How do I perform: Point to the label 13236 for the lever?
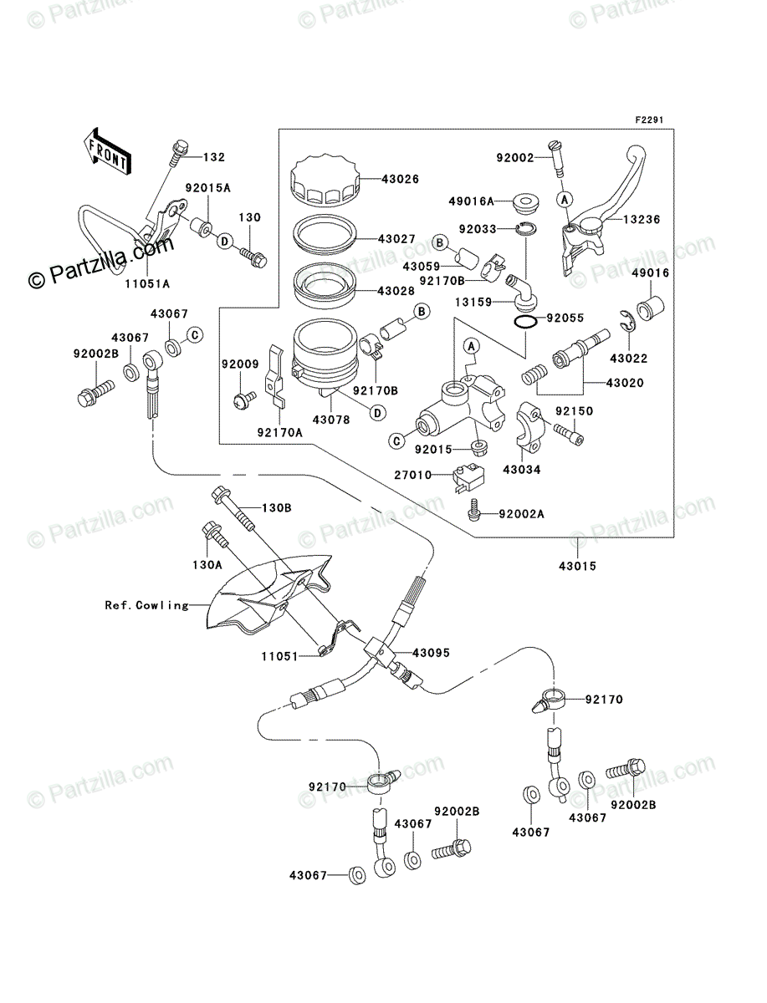pyautogui.click(x=641, y=219)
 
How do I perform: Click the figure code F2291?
pyautogui.click(x=648, y=120)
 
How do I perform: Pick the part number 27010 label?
pyautogui.click(x=412, y=474)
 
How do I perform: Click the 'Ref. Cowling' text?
pyautogui.click(x=147, y=605)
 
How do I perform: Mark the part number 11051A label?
pyautogui.click(x=148, y=283)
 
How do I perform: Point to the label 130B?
pyautogui.click(x=278, y=508)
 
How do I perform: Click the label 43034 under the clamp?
pyautogui.click(x=521, y=470)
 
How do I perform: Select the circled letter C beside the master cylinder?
pyautogui.click(x=397, y=439)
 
